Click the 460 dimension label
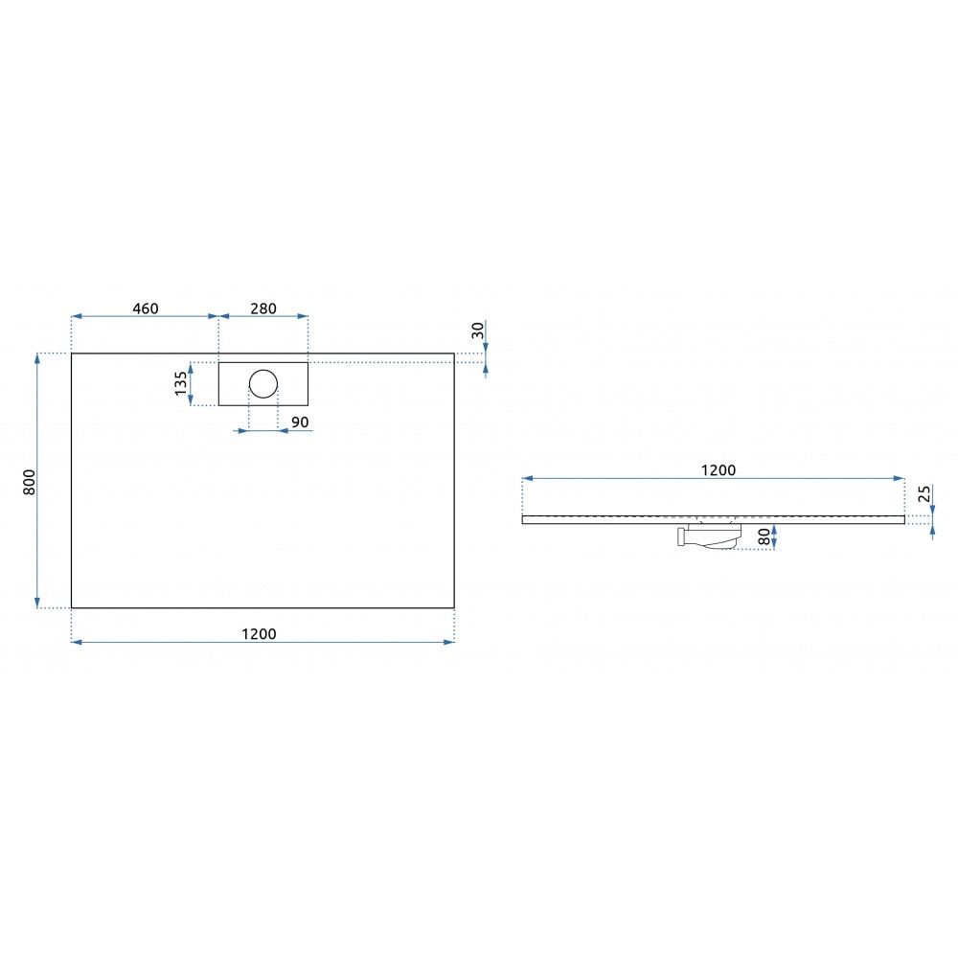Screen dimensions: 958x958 pyautogui.click(x=146, y=308)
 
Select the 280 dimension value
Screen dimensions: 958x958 pyautogui.click(x=263, y=308)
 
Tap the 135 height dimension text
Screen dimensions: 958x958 pyautogui.click(x=181, y=384)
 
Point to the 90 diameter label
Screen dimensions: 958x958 pyautogui.click(x=300, y=422)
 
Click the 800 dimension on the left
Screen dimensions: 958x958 pyautogui.click(x=29, y=482)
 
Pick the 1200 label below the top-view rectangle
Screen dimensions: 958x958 pyautogui.click(x=259, y=634)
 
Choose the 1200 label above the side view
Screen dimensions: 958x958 pyautogui.click(x=718, y=469)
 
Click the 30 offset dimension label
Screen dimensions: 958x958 pyautogui.click(x=478, y=331)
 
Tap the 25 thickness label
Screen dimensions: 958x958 pyautogui.click(x=925, y=493)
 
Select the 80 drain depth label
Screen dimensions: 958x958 pyautogui.click(x=764, y=537)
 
